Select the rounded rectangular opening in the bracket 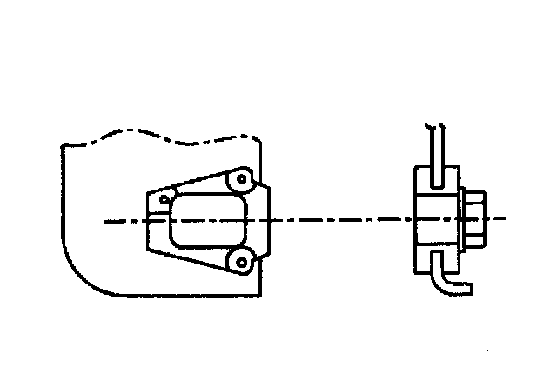click(x=205, y=220)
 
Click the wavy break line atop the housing click(x=157, y=137)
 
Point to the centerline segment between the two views click(x=339, y=220)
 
